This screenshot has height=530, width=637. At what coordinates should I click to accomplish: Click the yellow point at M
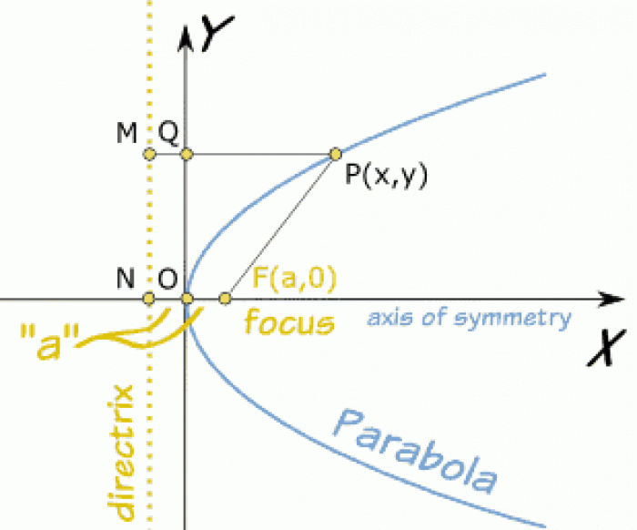150,154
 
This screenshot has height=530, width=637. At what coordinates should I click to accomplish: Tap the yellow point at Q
187,154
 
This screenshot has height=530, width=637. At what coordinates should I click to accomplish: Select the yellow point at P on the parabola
335,153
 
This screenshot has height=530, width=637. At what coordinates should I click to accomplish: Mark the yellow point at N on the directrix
150,298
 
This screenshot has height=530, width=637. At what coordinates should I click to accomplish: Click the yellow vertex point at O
187,298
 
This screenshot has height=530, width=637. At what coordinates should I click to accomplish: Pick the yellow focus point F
226,298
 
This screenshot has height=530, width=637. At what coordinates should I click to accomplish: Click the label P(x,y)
385,174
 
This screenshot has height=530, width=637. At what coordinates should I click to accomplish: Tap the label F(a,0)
294,277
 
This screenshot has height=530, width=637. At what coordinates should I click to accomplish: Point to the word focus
288,321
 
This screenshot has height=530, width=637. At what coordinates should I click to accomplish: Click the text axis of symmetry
469,318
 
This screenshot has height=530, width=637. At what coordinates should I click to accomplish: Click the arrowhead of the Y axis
187,36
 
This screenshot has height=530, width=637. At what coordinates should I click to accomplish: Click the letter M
126,134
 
